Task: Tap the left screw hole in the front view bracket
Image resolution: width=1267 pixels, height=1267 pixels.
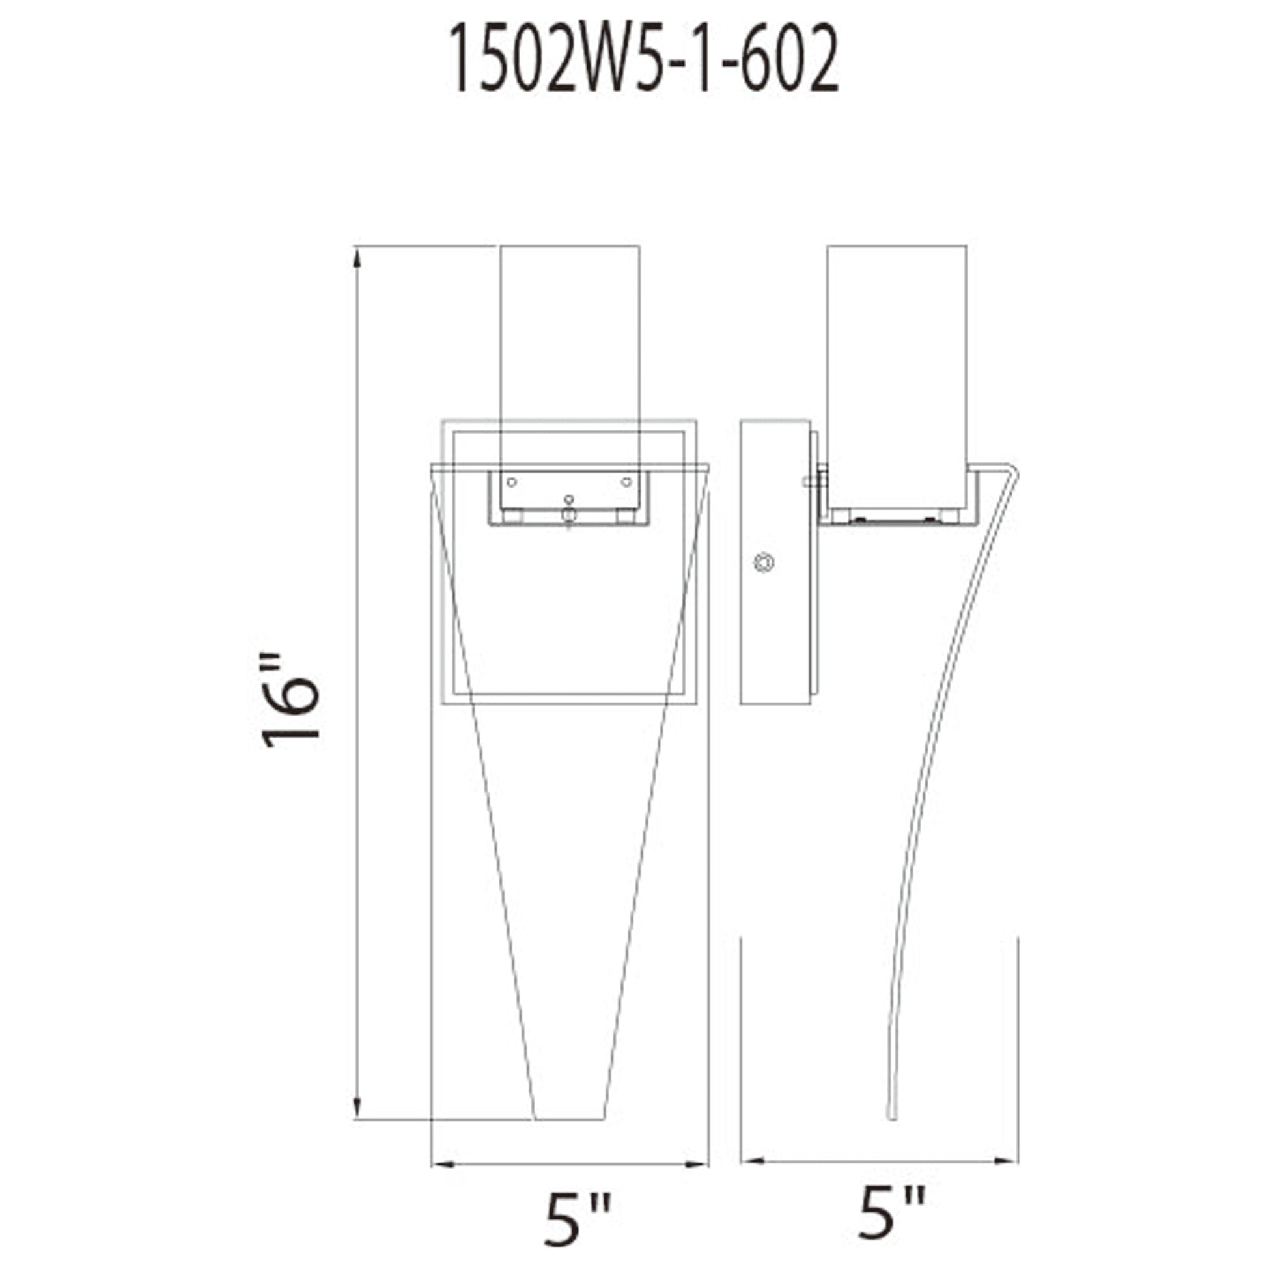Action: pyautogui.click(x=512, y=482)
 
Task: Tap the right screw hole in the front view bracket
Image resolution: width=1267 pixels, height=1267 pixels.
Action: pyautogui.click(x=626, y=482)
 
